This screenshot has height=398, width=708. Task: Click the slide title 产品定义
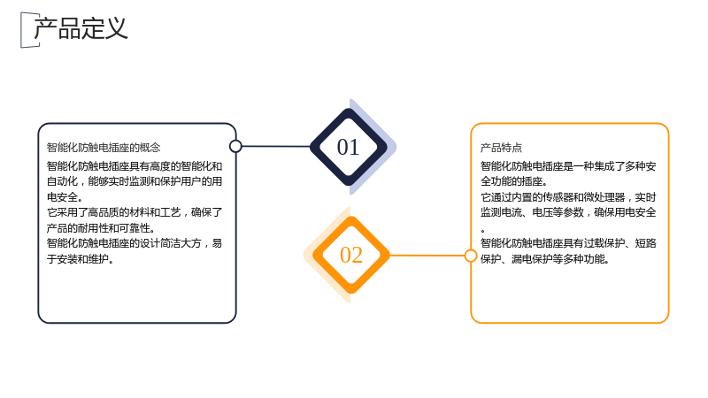tap(81, 28)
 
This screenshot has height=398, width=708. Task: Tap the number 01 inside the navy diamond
tap(348, 147)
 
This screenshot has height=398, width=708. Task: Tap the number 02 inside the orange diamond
tap(351, 255)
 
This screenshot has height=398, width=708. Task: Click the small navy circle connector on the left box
tap(235, 146)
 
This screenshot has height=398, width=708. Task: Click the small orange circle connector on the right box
tap(471, 256)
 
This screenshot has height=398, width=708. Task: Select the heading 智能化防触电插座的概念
tap(104, 148)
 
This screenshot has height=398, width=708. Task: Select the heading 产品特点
tap(501, 148)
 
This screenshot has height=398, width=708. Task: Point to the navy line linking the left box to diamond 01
tap(276, 146)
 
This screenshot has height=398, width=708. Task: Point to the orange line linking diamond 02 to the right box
tap(427, 256)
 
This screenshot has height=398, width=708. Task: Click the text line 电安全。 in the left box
tap(65, 197)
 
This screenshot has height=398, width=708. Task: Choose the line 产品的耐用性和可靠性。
tap(101, 228)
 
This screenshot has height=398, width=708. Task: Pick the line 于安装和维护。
tap(81, 259)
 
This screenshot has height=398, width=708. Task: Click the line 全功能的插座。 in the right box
tap(514, 181)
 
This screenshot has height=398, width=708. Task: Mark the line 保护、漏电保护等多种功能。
tap(545, 259)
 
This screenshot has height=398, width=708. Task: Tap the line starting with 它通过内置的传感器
tap(568, 197)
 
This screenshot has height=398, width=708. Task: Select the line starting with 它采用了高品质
tap(135, 212)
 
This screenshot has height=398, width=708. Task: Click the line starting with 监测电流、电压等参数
tap(568, 212)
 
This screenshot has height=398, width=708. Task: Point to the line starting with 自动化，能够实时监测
tap(135, 181)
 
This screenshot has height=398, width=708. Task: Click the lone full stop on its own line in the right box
tap(482, 231)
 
